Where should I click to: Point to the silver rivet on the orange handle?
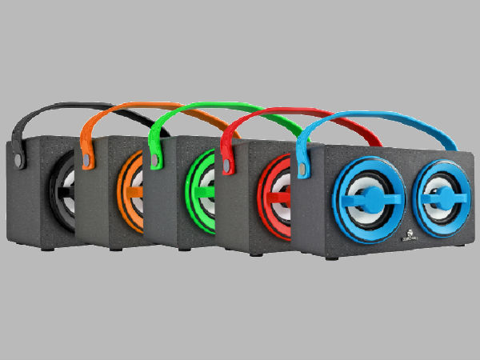[85, 157]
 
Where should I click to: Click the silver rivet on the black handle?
[22, 154]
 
